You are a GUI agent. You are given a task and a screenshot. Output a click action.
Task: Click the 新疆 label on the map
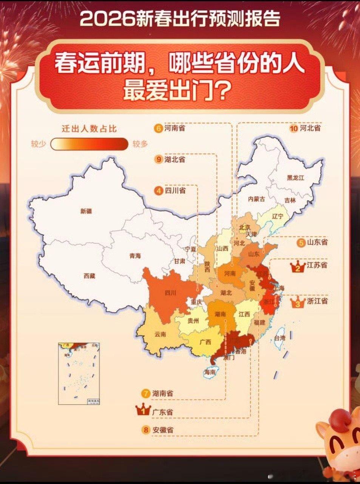pyautogui.click(x=86, y=211)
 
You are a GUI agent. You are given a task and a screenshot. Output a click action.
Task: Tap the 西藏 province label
pyautogui.click(x=90, y=276)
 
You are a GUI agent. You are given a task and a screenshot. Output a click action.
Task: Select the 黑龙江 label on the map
pyautogui.click(x=295, y=178)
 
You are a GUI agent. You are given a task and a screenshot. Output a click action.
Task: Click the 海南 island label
pyautogui.click(x=210, y=372)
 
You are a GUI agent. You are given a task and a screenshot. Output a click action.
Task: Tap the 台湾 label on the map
pyautogui.click(x=280, y=338)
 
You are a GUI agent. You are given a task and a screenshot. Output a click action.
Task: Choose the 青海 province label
pyautogui.click(x=135, y=256)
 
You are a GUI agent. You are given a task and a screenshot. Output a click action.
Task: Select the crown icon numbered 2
pyautogui.click(x=298, y=267)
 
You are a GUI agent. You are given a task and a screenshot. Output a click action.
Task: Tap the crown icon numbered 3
pyautogui.click(x=298, y=301)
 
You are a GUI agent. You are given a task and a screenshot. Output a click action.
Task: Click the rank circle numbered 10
pyautogui.click(x=294, y=129)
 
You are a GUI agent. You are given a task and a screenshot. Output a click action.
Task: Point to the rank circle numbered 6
pyautogui.click(x=159, y=129)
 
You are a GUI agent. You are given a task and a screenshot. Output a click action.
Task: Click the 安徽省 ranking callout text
pyautogui.click(x=163, y=430)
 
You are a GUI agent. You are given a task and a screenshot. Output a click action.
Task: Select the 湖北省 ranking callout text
pyautogui.click(x=175, y=160)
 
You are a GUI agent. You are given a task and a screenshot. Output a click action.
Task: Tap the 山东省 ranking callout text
pyautogui.click(x=317, y=242)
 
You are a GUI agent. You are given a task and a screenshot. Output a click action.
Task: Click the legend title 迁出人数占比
pyautogui.click(x=89, y=129)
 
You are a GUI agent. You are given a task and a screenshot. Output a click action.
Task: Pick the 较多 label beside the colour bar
pyautogui.click(x=140, y=144)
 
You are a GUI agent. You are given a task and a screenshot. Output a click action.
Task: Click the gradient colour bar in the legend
pyautogui.click(x=90, y=144)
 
